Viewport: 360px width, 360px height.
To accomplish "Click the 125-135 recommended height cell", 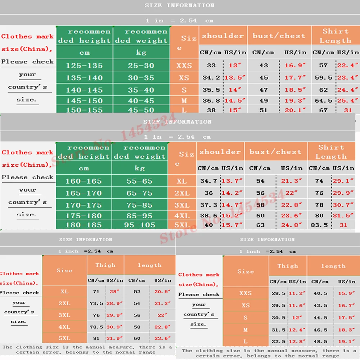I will (x=84, y=66).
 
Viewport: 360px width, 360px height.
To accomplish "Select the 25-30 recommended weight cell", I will (x=141, y=66).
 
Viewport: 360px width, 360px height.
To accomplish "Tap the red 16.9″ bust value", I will (x=295, y=66).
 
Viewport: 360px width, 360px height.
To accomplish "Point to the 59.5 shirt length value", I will (x=323, y=77).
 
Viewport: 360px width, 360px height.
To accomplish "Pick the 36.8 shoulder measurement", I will (x=211, y=101).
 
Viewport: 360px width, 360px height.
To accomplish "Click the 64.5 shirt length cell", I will (x=323, y=101).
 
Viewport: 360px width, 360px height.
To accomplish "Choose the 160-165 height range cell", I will (x=84, y=181).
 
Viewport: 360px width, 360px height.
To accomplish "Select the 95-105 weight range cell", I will (x=140, y=225).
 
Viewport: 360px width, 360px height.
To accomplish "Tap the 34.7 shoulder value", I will (x=209, y=181).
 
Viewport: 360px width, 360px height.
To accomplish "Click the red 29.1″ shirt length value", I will (x=343, y=181).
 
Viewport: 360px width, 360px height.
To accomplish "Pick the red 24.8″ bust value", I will (x=292, y=225).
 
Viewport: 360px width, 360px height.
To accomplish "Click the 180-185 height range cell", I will (x=84, y=225).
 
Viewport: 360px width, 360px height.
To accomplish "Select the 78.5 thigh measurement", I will (x=96, y=327).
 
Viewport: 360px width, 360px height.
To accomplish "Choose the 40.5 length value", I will (x=320, y=293).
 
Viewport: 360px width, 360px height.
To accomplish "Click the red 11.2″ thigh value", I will (x=296, y=293).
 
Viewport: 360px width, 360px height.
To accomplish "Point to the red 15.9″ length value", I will (x=346, y=293).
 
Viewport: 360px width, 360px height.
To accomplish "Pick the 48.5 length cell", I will (x=320, y=342).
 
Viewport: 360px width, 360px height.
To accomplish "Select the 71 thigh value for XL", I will (x=96, y=292).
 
